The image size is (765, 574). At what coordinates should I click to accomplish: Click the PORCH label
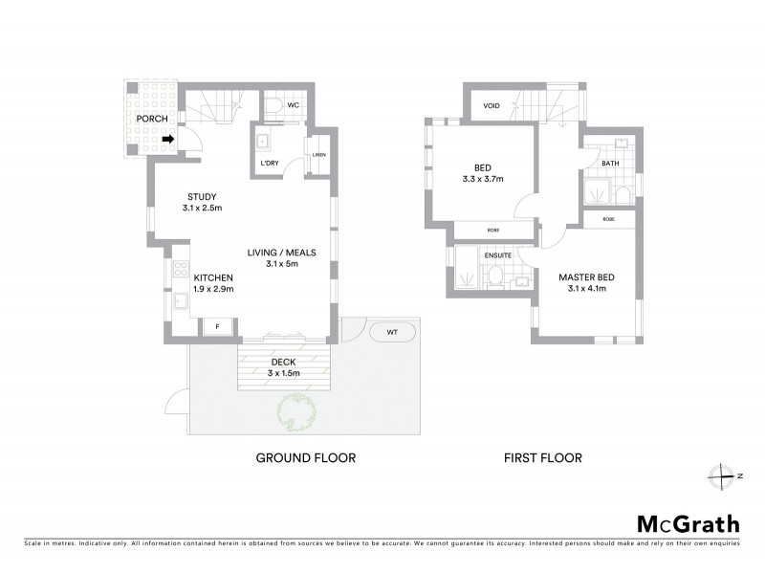(152, 119)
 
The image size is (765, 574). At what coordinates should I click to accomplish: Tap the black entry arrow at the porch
(168, 140)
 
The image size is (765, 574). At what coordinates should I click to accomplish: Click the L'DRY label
(270, 163)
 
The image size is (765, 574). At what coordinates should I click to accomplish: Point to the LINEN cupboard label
(319, 156)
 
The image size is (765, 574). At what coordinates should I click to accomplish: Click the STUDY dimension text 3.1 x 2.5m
(202, 208)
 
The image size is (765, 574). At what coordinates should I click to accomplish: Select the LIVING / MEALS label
(281, 253)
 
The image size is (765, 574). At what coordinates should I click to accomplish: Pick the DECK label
(282, 362)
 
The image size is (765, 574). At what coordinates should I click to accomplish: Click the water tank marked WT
(392, 332)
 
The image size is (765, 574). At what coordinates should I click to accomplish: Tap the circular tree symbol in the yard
(296, 412)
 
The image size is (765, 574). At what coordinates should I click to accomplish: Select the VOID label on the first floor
(492, 105)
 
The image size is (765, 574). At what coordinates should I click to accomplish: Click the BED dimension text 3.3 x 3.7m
(482, 178)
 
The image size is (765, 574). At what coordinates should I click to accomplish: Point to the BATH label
(611, 164)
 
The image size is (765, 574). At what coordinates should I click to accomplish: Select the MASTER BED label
(586, 277)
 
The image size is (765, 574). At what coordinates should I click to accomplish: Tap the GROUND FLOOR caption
(305, 458)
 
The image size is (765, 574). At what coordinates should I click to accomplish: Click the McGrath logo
(688, 523)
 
